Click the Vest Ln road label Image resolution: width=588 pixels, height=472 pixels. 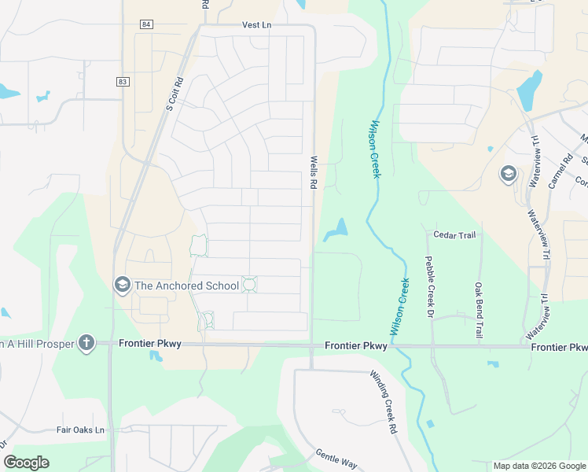(x=256, y=26)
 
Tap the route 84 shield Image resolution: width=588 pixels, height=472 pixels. (x=146, y=24)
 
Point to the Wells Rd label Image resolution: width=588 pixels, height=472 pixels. (x=313, y=171)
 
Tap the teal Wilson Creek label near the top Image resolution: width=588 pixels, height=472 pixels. (x=375, y=149)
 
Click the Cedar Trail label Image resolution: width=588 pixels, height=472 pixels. (x=455, y=234)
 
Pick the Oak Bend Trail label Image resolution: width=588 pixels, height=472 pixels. (x=478, y=311)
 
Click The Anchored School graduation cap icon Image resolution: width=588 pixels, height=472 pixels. (x=122, y=284)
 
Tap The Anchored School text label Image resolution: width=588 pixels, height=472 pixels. (x=186, y=286)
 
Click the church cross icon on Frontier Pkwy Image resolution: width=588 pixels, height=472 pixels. (x=86, y=343)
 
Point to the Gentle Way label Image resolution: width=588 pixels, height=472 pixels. (x=336, y=458)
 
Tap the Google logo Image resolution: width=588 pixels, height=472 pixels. (x=26, y=463)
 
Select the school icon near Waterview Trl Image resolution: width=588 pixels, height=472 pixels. (x=508, y=173)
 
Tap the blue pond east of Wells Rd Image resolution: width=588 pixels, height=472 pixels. (x=336, y=230)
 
